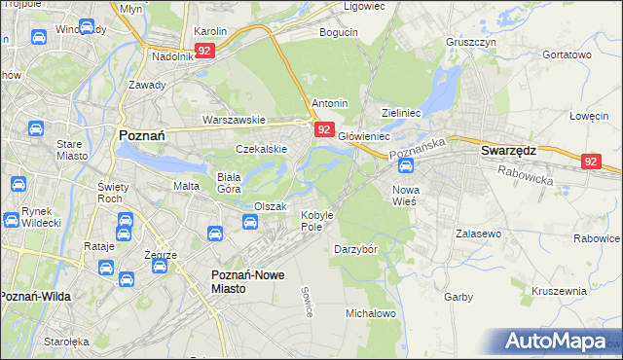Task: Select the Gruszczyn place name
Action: [471, 43]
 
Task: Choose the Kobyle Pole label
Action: [317, 220]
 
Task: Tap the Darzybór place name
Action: [355, 248]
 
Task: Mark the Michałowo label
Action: [371, 313]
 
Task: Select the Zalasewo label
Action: [478, 234]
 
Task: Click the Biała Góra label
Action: [229, 184]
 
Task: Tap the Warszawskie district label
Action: [234, 120]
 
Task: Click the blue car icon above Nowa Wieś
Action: [405, 167]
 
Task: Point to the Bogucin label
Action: [340, 32]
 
